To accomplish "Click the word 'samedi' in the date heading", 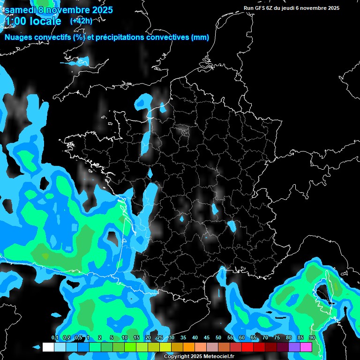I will pyautogui.click(x=21, y=9).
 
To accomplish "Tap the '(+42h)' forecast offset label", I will pyautogui.click(x=81, y=21).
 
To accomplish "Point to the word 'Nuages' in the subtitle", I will pyautogui.click(x=19, y=37).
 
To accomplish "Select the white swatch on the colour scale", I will pyautogui.click(x=48, y=347).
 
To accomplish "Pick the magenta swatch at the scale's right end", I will pyautogui.click(x=307, y=347).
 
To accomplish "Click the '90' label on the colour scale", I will pyautogui.click(x=312, y=338).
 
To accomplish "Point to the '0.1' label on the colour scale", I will pyautogui.click(x=54, y=338).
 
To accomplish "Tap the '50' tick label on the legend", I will pyautogui.click(x=218, y=338).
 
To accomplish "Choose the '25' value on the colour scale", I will pyautogui.click(x=160, y=338).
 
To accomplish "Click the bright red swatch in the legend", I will pyautogui.click(x=247, y=347).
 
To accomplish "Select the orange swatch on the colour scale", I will pyautogui.click(x=189, y=347).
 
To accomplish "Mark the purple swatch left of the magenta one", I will pyautogui.click(x=295, y=347).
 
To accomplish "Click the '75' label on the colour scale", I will pyautogui.click(x=277, y=338).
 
